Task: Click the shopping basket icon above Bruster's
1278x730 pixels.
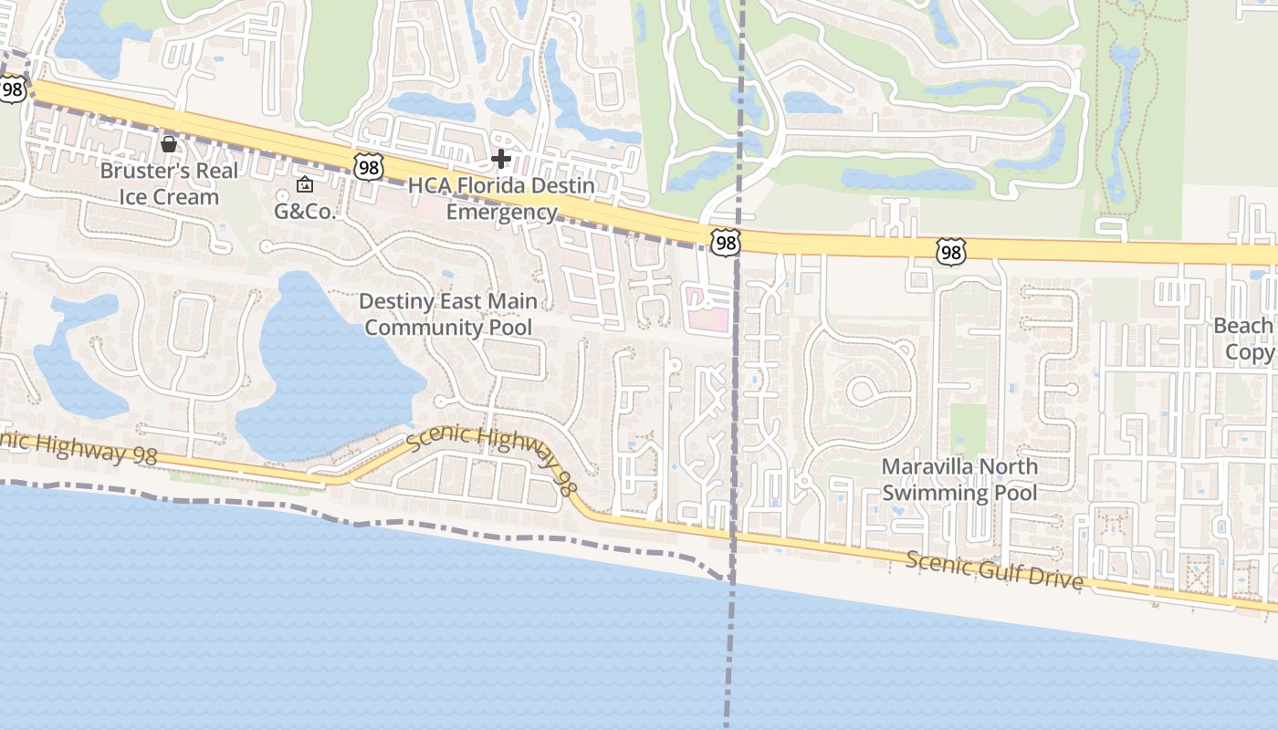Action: (x=169, y=143)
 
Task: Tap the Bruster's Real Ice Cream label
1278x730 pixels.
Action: (x=169, y=183)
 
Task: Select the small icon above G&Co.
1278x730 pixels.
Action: (x=305, y=185)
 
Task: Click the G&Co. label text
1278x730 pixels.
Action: (x=306, y=212)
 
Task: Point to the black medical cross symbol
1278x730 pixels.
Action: (x=500, y=159)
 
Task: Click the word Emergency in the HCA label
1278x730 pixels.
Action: (x=501, y=213)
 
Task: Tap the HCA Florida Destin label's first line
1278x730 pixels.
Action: (x=501, y=186)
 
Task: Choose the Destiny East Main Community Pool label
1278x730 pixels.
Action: (x=447, y=314)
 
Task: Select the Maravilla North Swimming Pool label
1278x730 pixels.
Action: (x=959, y=480)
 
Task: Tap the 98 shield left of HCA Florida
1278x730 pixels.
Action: (x=369, y=167)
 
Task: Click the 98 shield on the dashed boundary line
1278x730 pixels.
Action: (x=725, y=243)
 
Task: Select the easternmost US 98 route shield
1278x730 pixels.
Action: (x=950, y=252)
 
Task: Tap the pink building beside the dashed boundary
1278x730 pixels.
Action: (x=708, y=308)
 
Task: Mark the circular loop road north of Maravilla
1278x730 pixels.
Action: (x=861, y=391)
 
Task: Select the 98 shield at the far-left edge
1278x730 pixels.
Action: (x=12, y=89)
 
